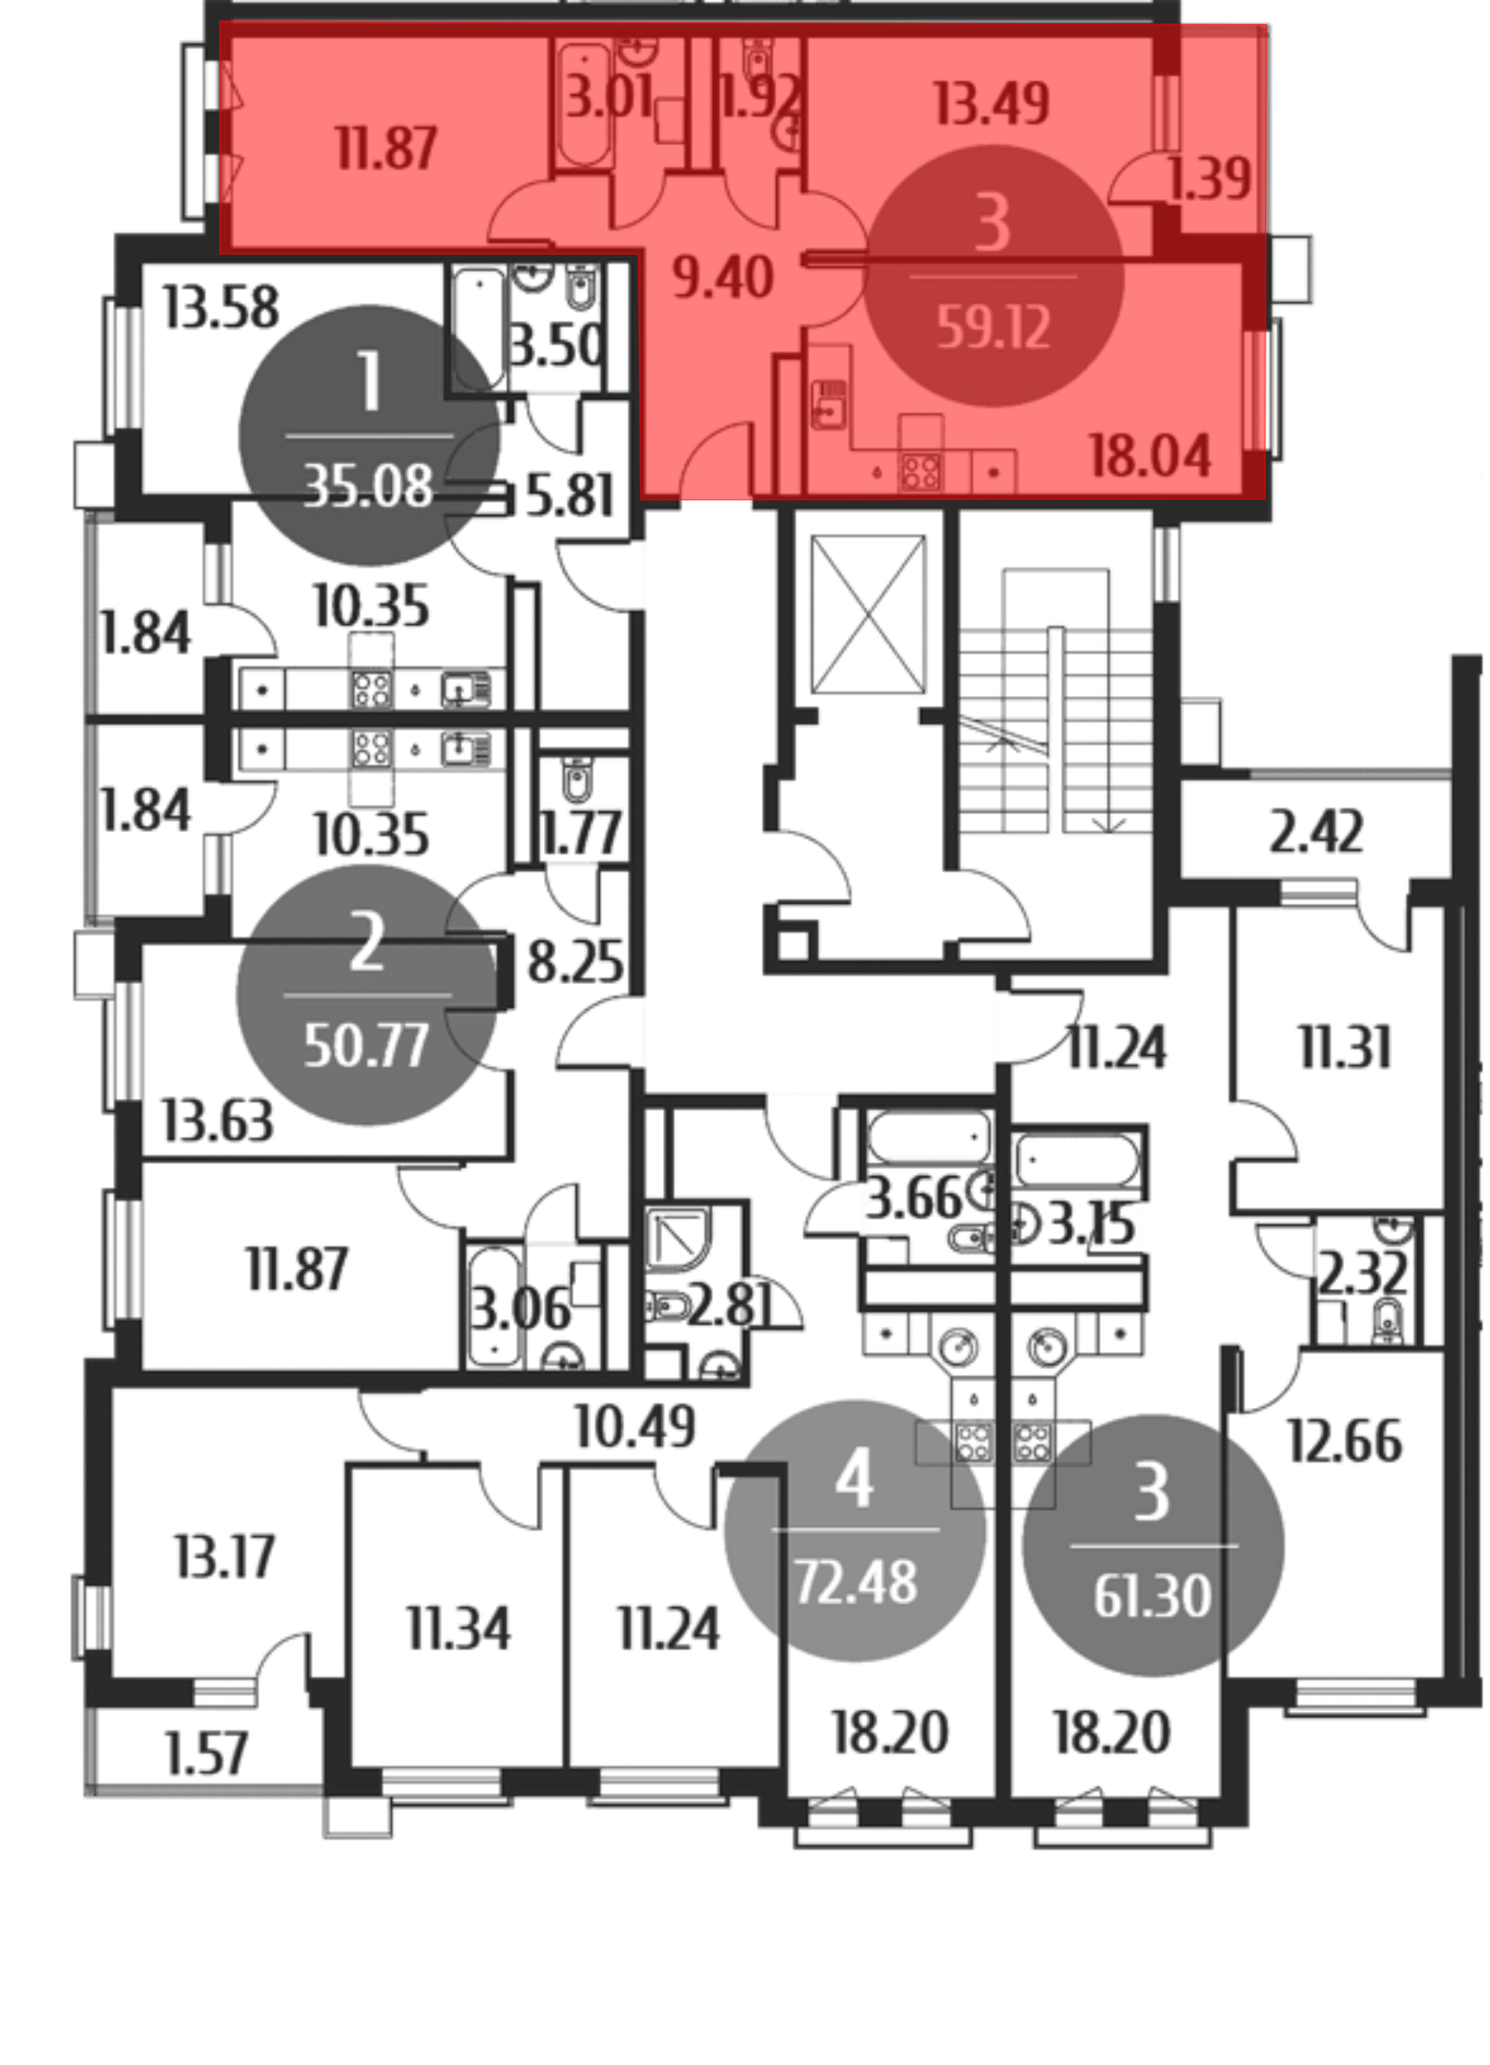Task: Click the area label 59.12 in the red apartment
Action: (x=994, y=328)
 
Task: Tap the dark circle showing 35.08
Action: (x=369, y=435)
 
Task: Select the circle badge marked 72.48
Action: (x=855, y=1531)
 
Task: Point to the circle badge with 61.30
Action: (x=1153, y=1545)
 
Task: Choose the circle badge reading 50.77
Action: (x=366, y=995)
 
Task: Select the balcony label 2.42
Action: (x=1316, y=833)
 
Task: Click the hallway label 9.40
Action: (x=723, y=278)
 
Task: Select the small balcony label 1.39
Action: (x=1209, y=180)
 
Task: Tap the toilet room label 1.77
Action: (x=582, y=832)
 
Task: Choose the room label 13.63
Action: (x=217, y=1121)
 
